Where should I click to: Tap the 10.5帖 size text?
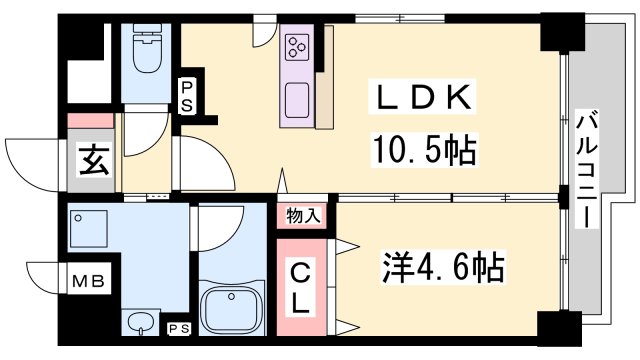pyautogui.click(x=421, y=151)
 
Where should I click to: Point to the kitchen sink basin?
pyautogui.click(x=298, y=100)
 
